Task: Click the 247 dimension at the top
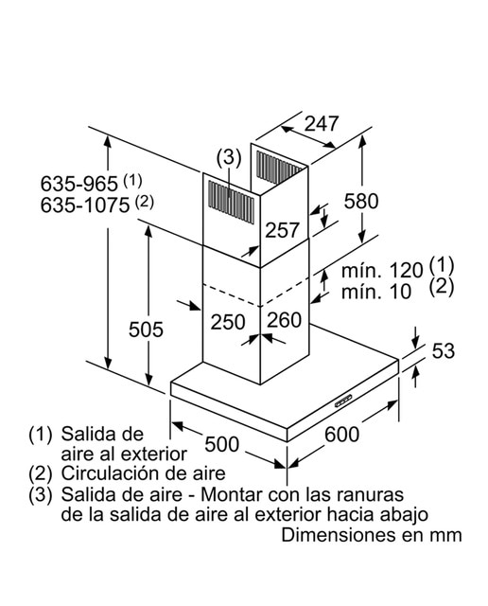tap(322, 124)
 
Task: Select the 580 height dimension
tap(361, 202)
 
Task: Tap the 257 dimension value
tap(282, 230)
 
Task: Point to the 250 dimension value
tap(228, 322)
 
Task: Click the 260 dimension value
tap(284, 320)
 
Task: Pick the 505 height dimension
tap(146, 330)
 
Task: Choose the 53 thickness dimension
tap(444, 351)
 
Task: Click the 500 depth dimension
tap(222, 444)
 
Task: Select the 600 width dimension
tap(342, 434)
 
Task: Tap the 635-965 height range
tap(79, 184)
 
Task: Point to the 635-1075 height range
tap(85, 205)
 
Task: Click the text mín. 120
tap(382, 271)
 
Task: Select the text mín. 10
tap(376, 292)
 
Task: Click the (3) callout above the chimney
tap(229, 158)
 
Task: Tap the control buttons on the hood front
tap(343, 401)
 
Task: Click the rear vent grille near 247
tap(279, 167)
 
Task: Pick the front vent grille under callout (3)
tap(232, 202)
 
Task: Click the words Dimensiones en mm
tap(372, 535)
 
